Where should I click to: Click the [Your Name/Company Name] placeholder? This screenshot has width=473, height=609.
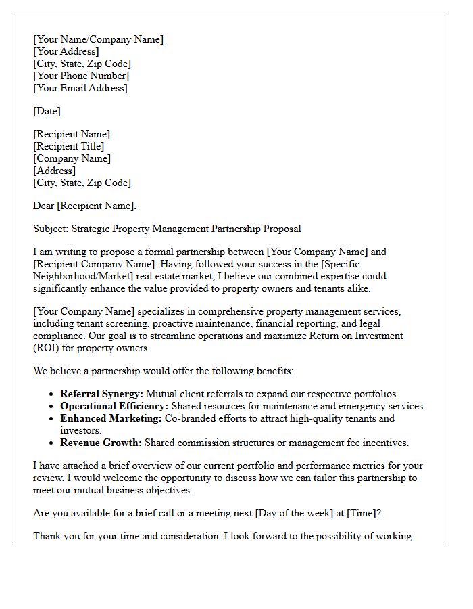tap(98, 39)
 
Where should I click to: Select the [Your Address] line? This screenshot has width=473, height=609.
tap(66, 51)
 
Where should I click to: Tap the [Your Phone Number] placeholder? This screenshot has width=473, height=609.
tap(81, 76)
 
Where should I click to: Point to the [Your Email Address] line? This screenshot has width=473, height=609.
tap(80, 88)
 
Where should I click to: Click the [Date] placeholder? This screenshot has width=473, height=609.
tap(47, 111)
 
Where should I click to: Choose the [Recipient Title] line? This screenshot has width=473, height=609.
tap(69, 146)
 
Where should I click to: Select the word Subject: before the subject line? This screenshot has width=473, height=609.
tap(51, 229)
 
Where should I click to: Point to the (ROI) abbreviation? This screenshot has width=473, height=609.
tap(47, 348)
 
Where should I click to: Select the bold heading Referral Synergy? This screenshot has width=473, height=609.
tap(101, 394)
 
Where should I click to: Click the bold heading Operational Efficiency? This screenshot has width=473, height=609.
tap(114, 406)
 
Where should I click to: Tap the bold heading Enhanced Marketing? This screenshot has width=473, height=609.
tap(111, 418)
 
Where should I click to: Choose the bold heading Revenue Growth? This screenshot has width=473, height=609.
tap(101, 443)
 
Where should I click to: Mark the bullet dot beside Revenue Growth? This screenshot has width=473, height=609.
tap(52, 443)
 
